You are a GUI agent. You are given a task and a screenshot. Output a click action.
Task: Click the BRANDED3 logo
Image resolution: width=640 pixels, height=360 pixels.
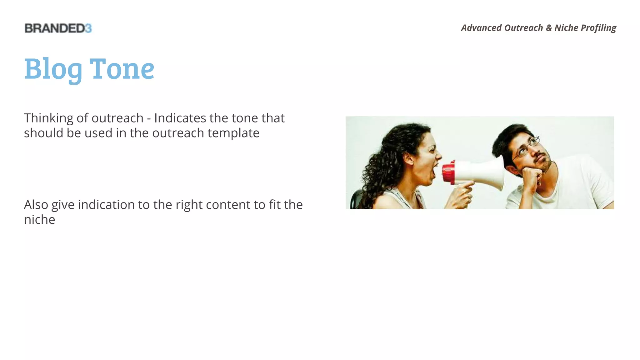coord(58,28)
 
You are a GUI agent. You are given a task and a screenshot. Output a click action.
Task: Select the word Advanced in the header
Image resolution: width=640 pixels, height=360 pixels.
coord(481,28)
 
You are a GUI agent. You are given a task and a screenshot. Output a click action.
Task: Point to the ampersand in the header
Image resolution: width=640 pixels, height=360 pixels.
coord(549,28)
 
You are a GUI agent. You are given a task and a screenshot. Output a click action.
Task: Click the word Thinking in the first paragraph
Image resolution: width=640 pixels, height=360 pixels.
coord(48,118)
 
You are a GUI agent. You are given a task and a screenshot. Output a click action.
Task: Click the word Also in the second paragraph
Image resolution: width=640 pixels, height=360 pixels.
coord(36,205)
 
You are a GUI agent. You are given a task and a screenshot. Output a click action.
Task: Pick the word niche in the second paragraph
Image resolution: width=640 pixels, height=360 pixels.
coord(39,220)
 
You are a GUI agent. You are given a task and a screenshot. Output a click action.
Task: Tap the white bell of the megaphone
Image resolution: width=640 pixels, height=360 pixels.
coord(487,173)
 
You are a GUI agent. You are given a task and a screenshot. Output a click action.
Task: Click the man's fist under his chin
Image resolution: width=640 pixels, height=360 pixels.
coord(531,175)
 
